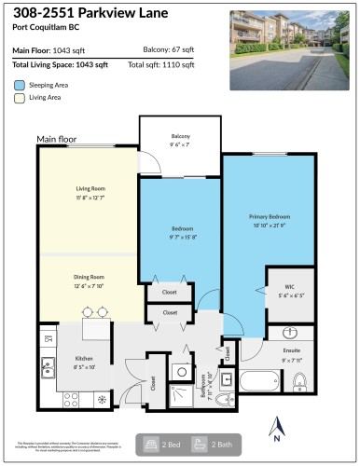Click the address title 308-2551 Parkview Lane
pyautogui.click(x=90, y=14)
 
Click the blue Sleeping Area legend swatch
pyautogui.click(x=20, y=84)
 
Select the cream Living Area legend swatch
pyautogui.click(x=20, y=97)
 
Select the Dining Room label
pyautogui.click(x=90, y=277)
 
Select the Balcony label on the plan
pyautogui.click(x=179, y=136)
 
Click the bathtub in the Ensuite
pyautogui.click(x=258, y=382)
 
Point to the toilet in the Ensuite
pyautogui.click(x=300, y=381)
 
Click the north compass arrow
pyautogui.click(x=276, y=429)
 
